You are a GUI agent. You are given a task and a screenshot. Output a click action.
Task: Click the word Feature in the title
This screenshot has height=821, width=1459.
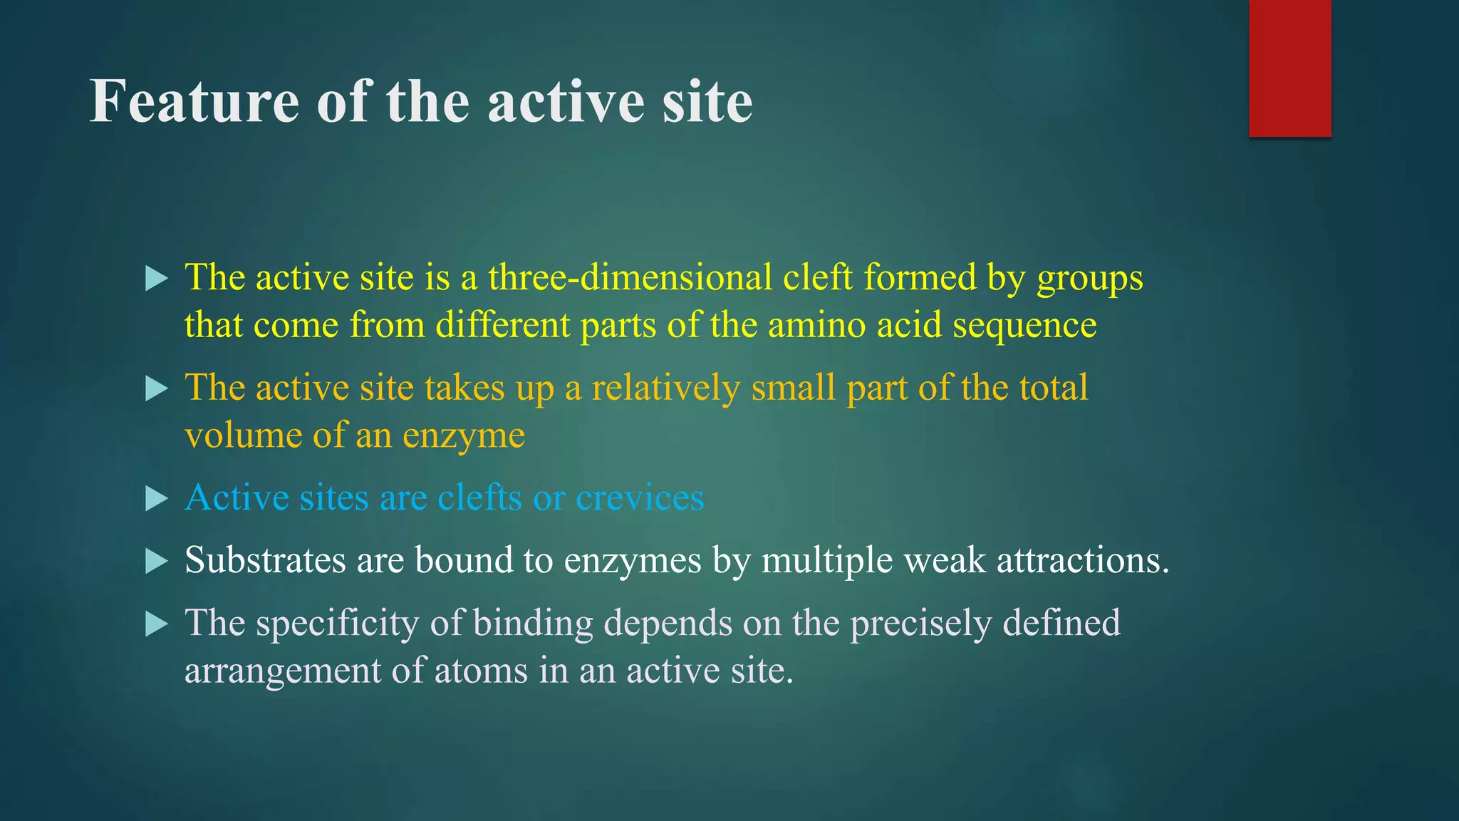(x=194, y=101)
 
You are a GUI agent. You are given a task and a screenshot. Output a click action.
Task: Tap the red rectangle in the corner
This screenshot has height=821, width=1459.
(x=1289, y=68)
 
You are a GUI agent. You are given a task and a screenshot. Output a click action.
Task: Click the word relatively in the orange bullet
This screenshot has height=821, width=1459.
(x=665, y=388)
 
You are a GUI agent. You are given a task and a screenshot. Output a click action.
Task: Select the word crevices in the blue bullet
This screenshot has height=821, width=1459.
(x=640, y=497)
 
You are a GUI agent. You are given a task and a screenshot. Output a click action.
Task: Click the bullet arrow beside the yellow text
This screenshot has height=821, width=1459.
(x=155, y=278)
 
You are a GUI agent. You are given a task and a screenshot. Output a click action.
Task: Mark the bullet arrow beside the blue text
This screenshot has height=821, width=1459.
(x=155, y=498)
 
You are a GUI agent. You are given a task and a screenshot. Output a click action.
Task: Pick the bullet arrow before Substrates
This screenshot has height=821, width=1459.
(x=155, y=561)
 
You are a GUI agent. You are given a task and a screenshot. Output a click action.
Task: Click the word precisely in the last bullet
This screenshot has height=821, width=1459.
(x=920, y=624)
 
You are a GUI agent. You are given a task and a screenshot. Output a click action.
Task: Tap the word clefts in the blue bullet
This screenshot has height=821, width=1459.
(x=479, y=497)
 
